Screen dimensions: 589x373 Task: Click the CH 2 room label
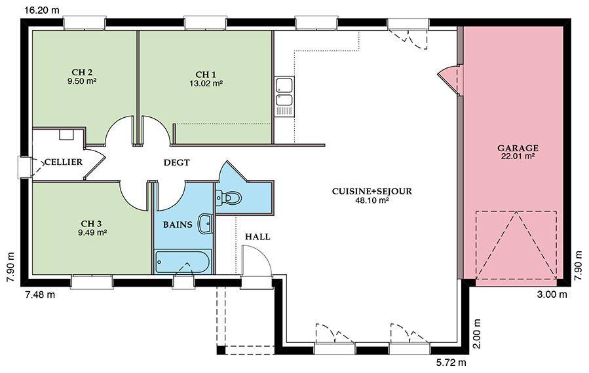coord(82,72)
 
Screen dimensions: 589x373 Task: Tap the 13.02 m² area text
coord(206,83)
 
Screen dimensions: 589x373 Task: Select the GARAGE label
coord(518,149)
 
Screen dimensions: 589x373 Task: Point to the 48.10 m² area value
coord(371,200)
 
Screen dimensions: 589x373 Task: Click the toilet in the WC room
coord(229,198)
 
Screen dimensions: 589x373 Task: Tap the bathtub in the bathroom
coord(182,262)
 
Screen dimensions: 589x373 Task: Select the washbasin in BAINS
coord(206,224)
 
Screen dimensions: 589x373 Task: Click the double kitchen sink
coord(284,91)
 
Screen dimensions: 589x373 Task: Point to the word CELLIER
coord(64,162)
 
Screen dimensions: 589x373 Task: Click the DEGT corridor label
coord(176,162)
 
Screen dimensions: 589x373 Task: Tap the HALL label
coord(257,237)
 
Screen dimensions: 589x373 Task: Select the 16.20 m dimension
coord(42,10)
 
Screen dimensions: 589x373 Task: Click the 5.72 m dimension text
coord(451,363)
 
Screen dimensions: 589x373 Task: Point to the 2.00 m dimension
coord(477,334)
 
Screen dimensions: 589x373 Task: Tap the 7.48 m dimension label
coord(40,294)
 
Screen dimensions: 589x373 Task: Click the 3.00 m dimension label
coord(552,294)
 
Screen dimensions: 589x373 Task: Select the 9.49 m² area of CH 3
coord(92,233)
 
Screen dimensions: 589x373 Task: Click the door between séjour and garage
coord(449,78)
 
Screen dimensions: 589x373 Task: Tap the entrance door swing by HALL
coord(256,261)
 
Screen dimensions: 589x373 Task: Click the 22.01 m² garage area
coord(518,156)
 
